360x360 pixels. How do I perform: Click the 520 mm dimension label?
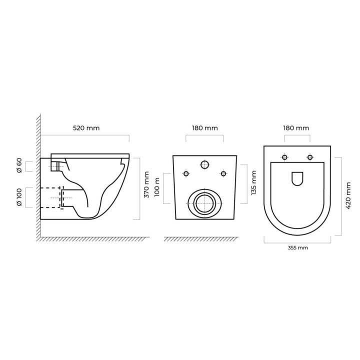[86, 128]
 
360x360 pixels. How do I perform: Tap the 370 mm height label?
[146, 184]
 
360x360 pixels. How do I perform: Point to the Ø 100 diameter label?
[19, 197]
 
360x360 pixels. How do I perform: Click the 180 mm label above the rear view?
[205, 128]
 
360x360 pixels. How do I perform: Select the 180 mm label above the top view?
[296, 128]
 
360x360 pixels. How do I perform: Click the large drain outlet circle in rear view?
[203, 203]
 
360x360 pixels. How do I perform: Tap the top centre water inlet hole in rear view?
[204, 164]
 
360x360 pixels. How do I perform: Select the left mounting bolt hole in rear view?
[186, 173]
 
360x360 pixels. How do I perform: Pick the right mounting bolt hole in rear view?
[223, 173]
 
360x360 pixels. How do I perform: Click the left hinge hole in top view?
[284, 157]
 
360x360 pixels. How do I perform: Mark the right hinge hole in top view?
[310, 157]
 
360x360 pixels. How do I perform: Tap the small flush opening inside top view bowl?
[297, 178]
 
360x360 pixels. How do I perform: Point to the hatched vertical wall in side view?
[37, 175]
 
